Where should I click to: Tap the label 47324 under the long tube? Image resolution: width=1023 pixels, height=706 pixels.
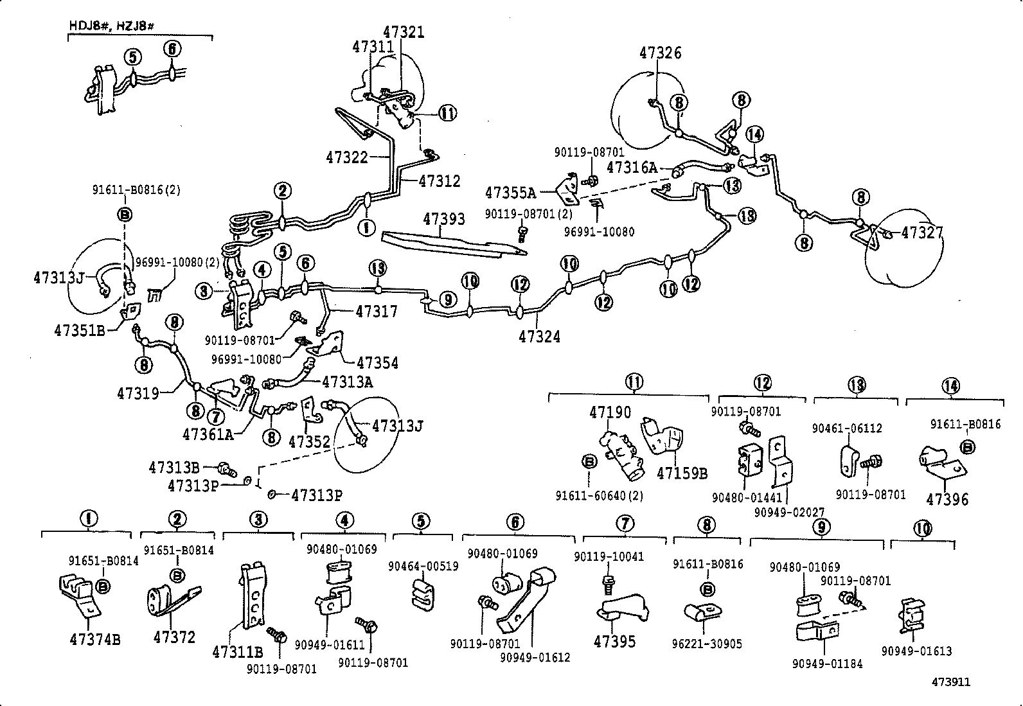540,336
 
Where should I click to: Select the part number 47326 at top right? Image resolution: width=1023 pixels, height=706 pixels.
660,53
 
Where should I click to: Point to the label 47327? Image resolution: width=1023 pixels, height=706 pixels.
921,233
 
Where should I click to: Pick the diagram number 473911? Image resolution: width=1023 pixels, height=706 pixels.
951,682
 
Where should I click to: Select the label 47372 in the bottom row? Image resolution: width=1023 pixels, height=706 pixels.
174,637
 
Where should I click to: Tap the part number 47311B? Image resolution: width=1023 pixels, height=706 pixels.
237,653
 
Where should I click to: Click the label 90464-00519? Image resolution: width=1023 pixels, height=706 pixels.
423,566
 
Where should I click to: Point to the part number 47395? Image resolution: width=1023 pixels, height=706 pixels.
615,641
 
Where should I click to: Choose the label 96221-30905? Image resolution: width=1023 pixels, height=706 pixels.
707,643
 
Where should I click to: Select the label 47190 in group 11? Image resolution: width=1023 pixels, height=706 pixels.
610,412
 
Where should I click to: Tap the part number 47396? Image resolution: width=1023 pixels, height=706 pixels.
947,500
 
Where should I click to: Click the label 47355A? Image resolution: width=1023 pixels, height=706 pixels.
510,192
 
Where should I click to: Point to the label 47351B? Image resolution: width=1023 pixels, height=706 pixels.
80,331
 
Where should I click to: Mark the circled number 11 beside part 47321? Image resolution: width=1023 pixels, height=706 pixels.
447,114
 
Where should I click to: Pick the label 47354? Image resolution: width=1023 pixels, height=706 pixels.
377,363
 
